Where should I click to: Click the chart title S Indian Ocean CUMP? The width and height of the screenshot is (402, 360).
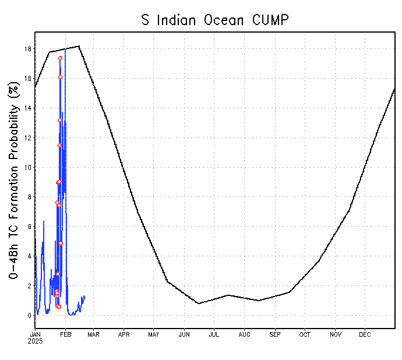point(216,19)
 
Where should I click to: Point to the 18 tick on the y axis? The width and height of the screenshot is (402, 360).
point(27,49)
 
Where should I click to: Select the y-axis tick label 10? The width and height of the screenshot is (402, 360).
point(27,168)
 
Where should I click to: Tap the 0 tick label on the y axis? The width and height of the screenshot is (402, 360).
point(29,316)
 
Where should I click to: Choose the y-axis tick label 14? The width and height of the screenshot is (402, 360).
point(27,108)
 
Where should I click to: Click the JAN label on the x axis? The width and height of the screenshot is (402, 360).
point(36,334)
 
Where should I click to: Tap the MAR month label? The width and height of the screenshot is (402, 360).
point(94,334)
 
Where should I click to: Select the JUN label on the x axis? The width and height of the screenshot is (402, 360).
point(184,334)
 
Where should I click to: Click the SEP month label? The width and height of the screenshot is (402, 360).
point(275,334)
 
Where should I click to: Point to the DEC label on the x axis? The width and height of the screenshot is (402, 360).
point(365,334)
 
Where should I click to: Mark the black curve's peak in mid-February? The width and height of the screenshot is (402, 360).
point(79,46)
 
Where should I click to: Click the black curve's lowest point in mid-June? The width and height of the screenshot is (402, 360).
point(198,303)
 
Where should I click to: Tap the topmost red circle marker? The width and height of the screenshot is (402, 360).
point(60,58)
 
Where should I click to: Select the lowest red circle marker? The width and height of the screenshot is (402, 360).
point(59,307)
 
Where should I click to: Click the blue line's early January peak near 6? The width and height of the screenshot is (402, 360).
point(44,221)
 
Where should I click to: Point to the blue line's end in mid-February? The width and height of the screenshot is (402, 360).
point(84,297)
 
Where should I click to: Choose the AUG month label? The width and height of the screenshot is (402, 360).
point(245,334)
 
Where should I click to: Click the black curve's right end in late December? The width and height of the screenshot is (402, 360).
point(395,88)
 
